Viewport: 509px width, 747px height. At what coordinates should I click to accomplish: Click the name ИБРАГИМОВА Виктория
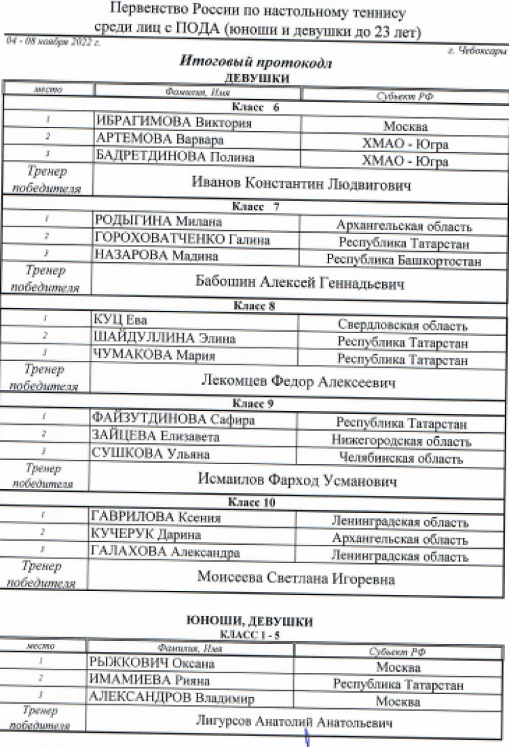173,123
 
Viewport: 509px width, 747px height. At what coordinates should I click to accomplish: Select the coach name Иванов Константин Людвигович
301,183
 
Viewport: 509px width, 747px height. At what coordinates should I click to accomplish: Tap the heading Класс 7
255,206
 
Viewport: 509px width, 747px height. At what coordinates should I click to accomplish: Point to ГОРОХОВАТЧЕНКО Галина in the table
182,240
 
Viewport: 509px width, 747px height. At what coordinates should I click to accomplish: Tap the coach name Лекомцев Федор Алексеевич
299,382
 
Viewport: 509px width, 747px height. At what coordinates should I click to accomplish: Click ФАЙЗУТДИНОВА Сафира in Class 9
172,419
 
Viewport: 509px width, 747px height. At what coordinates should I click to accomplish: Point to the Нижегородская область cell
401,442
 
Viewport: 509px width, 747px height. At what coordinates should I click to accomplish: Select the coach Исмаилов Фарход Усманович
297,480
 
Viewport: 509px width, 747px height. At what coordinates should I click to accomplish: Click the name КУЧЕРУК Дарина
145,535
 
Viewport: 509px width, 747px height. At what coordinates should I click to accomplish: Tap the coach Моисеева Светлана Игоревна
296,579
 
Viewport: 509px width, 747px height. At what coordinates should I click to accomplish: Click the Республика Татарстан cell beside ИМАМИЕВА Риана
398,685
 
